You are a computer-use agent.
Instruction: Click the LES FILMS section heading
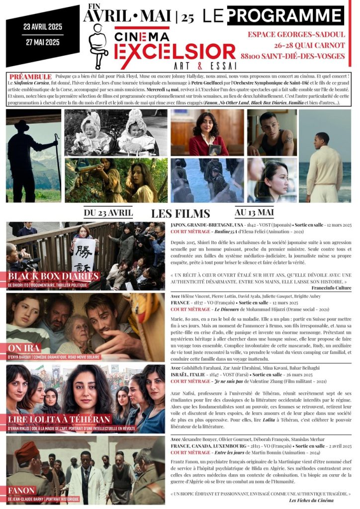180,214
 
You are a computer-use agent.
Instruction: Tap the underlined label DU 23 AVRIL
108,213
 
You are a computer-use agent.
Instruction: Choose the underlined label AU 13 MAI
254,213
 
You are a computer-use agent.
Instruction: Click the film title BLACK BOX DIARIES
54,276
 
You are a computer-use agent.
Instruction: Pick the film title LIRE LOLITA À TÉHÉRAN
59,419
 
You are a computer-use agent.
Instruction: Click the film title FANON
22,491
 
